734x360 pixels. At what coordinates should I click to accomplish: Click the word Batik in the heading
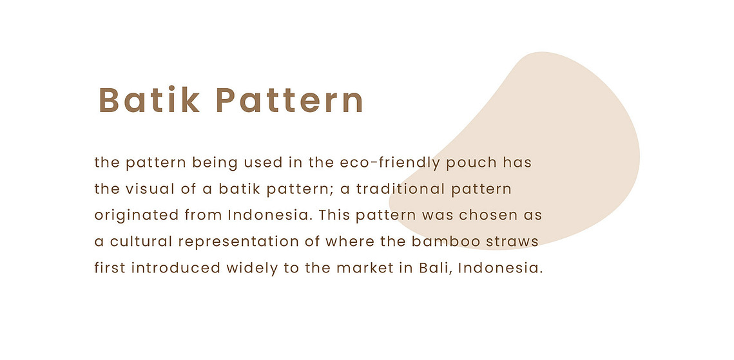(150, 100)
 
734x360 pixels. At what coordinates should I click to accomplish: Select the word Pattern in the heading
(290, 100)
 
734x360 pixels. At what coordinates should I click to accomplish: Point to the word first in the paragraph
(110, 269)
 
